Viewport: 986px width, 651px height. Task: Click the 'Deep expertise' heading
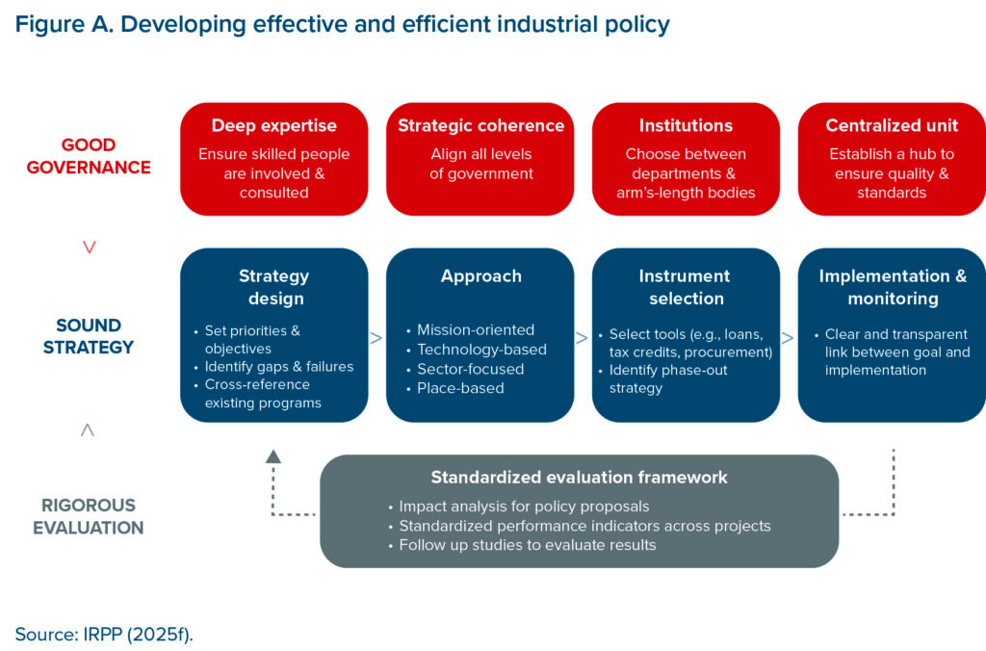point(274,126)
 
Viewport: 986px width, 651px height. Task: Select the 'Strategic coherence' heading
point(480,126)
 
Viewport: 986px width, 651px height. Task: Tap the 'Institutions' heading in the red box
point(686,126)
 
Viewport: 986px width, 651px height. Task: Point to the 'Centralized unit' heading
point(892,126)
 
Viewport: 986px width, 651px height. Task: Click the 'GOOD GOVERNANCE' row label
point(89,156)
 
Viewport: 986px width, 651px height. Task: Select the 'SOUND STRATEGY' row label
point(89,335)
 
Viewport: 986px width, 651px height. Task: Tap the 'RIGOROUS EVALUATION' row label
point(89,516)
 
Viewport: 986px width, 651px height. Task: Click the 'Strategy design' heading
point(274,287)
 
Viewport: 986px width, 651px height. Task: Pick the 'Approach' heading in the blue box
point(480,276)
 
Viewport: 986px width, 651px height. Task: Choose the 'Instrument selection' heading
point(686,287)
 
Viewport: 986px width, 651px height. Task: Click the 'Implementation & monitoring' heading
point(893,287)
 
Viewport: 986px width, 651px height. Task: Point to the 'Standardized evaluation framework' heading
point(579,478)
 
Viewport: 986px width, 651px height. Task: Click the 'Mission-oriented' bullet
point(476,329)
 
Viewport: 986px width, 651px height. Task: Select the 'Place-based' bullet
point(460,388)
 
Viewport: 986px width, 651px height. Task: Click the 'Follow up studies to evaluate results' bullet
point(528,545)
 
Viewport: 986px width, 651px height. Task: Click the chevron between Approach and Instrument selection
point(582,338)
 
